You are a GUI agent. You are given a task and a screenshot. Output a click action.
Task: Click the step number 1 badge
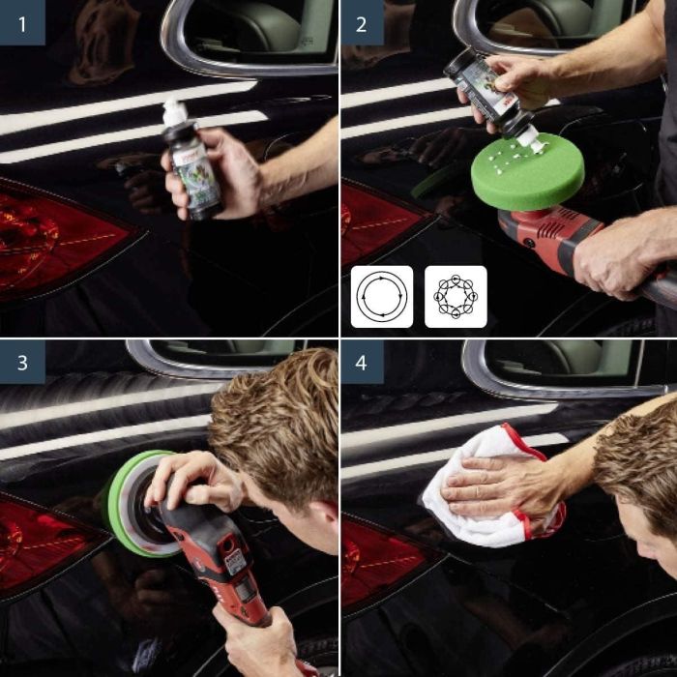(x=22, y=23)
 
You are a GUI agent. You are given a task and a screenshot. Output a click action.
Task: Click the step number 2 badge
(x=362, y=23)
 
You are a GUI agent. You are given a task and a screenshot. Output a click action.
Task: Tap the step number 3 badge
(x=22, y=363)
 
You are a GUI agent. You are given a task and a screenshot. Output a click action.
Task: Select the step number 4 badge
(x=362, y=363)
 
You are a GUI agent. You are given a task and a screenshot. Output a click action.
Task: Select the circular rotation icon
(x=381, y=297)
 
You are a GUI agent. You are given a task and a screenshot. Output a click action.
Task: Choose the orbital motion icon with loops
(x=456, y=297)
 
